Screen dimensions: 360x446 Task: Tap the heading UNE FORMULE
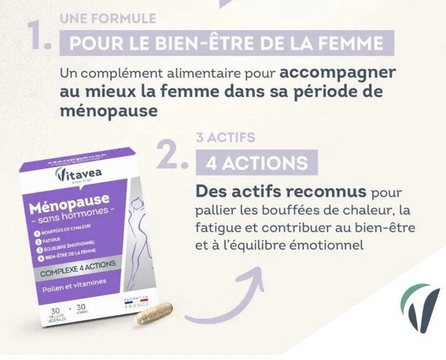[107, 19]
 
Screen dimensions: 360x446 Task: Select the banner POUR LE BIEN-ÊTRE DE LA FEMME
[226, 44]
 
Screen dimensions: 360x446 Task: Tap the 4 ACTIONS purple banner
[257, 163]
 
